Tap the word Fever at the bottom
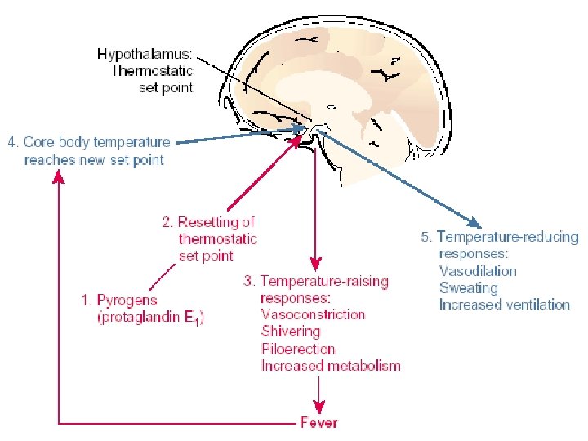(318, 422)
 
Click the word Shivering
(291, 332)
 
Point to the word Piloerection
(298, 349)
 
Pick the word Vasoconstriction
(313, 314)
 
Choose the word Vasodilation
(478, 271)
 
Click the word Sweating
(468, 287)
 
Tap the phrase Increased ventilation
(504, 305)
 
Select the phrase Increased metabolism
(331, 366)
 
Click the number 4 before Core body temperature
(12, 142)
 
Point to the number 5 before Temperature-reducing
(425, 238)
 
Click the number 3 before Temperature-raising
(248, 281)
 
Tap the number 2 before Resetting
(167, 221)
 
